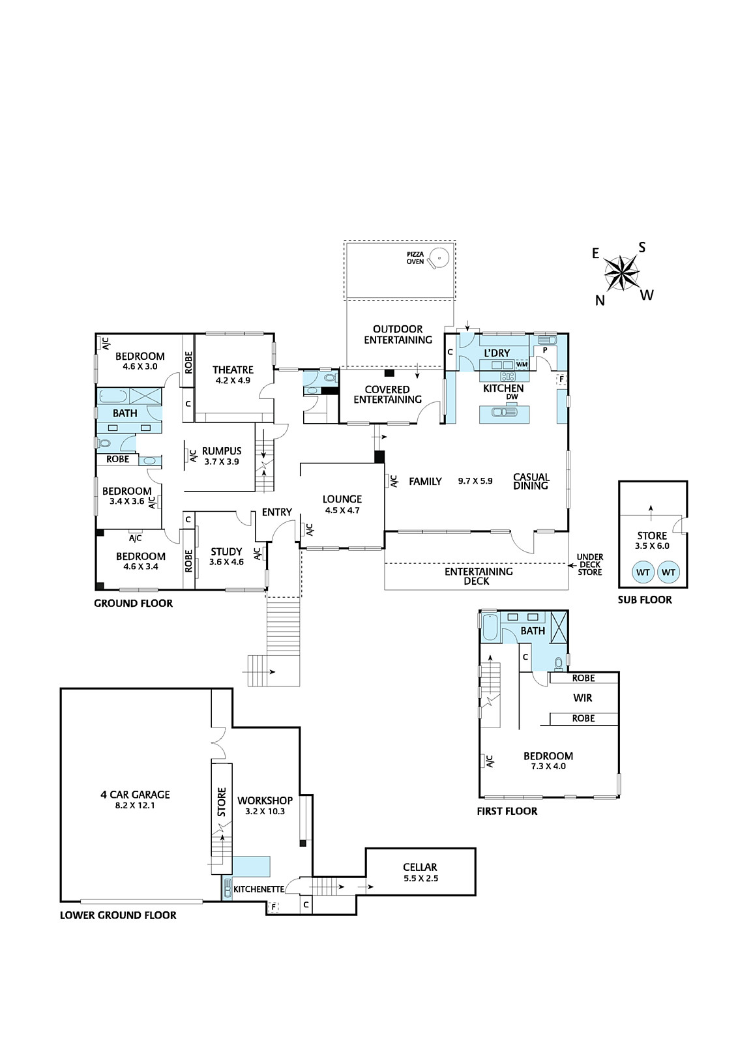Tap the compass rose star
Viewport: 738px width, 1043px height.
pyautogui.click(x=621, y=273)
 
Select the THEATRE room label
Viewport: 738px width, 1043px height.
pyautogui.click(x=233, y=370)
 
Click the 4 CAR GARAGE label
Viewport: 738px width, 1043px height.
pyautogui.click(x=135, y=795)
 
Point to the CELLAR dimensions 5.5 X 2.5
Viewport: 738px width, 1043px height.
pyautogui.click(x=420, y=878)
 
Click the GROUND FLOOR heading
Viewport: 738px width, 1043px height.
pyautogui.click(x=133, y=603)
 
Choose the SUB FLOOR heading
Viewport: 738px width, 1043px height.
pyautogui.click(x=644, y=600)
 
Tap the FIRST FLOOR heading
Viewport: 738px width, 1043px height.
pyautogui.click(x=507, y=811)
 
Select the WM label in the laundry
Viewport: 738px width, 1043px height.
pyautogui.click(x=522, y=364)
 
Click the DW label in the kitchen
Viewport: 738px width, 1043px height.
pyautogui.click(x=512, y=397)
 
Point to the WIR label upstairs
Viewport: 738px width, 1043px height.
pyautogui.click(x=582, y=698)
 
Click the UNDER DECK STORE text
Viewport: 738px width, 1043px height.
pyautogui.click(x=589, y=565)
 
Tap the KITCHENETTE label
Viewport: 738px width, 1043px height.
pyautogui.click(x=259, y=889)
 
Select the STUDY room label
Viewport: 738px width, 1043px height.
pyautogui.click(x=226, y=551)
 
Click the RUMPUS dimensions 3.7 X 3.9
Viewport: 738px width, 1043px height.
pyautogui.click(x=221, y=462)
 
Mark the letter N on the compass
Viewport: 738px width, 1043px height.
pyautogui.click(x=600, y=301)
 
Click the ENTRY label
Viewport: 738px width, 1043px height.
pyautogui.click(x=276, y=512)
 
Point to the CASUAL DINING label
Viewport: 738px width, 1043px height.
pyautogui.click(x=531, y=481)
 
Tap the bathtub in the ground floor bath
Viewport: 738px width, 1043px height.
pyautogui.click(x=112, y=397)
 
